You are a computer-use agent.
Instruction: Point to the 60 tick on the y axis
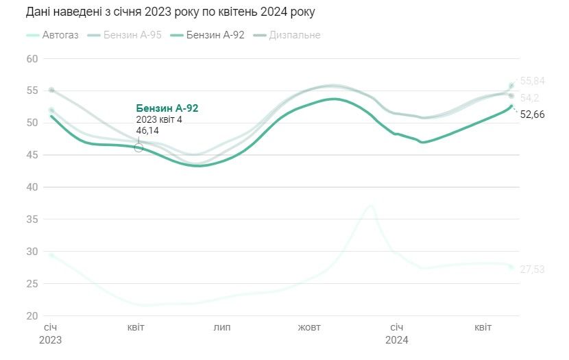(x=32, y=59)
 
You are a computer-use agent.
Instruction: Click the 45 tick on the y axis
(x=32, y=155)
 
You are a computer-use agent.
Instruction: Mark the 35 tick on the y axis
(x=32, y=219)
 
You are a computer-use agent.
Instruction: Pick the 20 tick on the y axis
(x=32, y=316)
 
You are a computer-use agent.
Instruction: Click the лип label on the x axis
(x=222, y=328)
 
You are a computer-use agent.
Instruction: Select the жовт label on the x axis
(x=309, y=328)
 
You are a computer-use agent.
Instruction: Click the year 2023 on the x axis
(x=50, y=339)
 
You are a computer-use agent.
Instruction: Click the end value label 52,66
(x=532, y=115)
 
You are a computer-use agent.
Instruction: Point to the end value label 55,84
(x=532, y=81)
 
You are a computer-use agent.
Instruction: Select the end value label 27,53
(x=532, y=269)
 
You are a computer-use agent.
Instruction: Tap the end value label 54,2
(x=529, y=98)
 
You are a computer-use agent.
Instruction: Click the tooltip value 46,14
(x=147, y=130)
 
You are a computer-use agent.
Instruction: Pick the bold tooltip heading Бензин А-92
(x=167, y=108)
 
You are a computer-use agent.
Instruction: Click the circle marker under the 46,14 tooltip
(x=138, y=147)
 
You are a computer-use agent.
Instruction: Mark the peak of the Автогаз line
(x=371, y=205)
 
